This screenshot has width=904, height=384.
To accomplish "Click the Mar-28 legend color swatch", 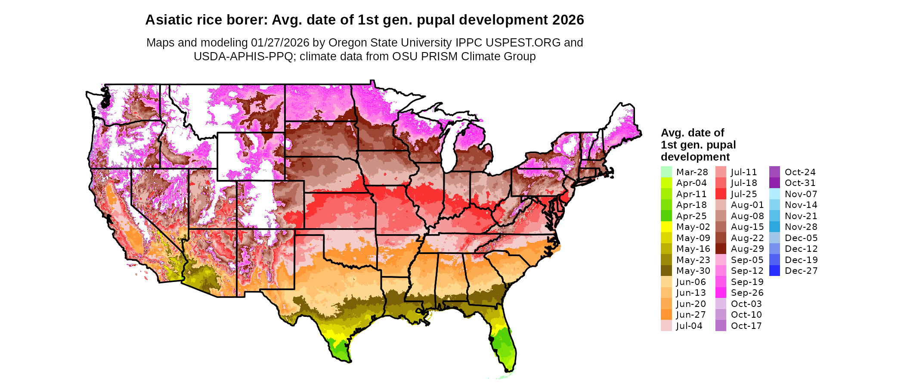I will pyautogui.click(x=666, y=172).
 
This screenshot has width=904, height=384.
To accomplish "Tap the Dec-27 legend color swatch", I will pyautogui.click(x=774, y=271).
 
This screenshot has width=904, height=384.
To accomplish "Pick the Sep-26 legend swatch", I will pyautogui.click(x=721, y=293).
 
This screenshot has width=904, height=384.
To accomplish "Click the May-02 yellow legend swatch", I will pyautogui.click(x=666, y=227).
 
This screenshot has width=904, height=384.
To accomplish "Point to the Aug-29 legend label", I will pyautogui.click(x=747, y=249).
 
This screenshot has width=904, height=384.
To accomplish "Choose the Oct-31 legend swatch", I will pyautogui.click(x=774, y=183).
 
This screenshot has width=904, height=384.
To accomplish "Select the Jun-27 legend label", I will pyautogui.click(x=691, y=315).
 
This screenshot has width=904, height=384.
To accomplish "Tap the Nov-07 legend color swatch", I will pyautogui.click(x=774, y=194).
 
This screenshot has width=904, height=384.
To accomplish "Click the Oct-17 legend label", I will pyautogui.click(x=746, y=326).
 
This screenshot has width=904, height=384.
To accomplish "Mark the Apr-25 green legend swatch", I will pyautogui.click(x=666, y=216).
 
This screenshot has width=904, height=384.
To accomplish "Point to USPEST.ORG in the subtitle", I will pyautogui.click(x=523, y=43).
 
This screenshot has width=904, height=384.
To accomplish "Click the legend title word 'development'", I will pyautogui.click(x=695, y=157).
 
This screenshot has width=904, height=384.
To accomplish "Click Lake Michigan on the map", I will pyautogui.click(x=449, y=149).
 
